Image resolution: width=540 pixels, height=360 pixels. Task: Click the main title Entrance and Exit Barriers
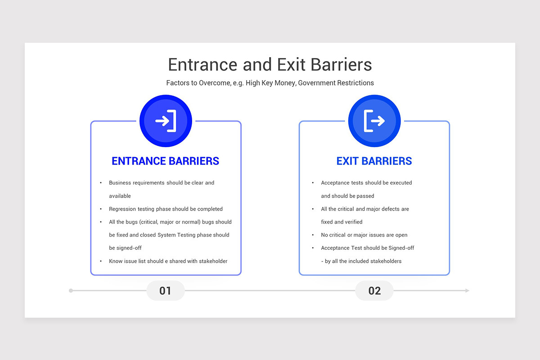pyautogui.click(x=270, y=65)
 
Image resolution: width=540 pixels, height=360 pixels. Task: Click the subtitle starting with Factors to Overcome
pyautogui.click(x=270, y=83)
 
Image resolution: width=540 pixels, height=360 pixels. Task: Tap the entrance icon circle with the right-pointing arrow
pyautogui.click(x=166, y=121)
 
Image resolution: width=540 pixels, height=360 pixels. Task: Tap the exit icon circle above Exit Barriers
pyautogui.click(x=374, y=121)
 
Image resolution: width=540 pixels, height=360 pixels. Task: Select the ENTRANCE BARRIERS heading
pyautogui.click(x=166, y=161)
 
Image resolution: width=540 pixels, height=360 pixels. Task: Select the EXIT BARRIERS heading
pyautogui.click(x=374, y=161)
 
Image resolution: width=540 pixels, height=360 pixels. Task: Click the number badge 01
pyautogui.click(x=166, y=291)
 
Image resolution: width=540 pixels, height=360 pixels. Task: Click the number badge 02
pyautogui.click(x=374, y=291)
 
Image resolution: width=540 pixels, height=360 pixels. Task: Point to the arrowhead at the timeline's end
pyautogui.click(x=467, y=291)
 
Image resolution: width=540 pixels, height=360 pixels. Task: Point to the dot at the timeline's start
pyautogui.click(x=71, y=291)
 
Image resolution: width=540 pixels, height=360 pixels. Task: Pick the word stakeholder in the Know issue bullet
pyautogui.click(x=211, y=261)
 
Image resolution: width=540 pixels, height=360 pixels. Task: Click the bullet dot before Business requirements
pyautogui.click(x=101, y=183)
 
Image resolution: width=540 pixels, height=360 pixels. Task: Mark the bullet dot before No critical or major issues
pyautogui.click(x=313, y=235)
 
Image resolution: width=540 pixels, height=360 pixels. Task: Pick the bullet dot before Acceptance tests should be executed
pyautogui.click(x=313, y=183)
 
